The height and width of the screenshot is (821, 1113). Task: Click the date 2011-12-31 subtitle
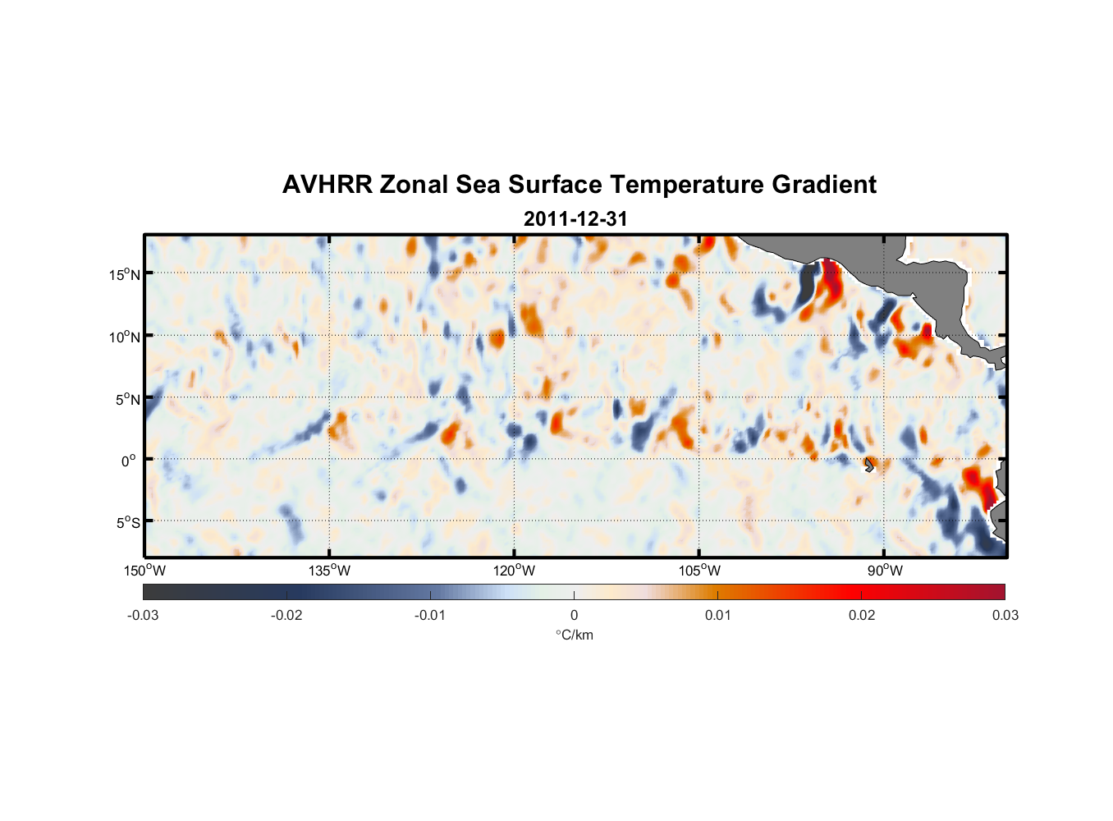coord(575,219)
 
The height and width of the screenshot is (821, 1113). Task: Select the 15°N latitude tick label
coord(124,274)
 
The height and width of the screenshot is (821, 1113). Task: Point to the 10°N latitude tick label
coord(124,337)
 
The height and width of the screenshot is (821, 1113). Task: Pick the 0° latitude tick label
coord(128,461)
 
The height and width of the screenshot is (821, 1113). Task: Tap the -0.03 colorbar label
coord(143,616)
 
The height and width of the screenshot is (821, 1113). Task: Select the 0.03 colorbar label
coord(1005,616)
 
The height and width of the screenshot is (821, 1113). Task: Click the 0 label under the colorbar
coord(574,616)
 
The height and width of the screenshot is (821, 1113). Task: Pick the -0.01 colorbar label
coord(430,616)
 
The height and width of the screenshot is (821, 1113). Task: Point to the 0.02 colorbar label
coord(861,616)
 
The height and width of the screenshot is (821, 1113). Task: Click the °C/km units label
coord(574,635)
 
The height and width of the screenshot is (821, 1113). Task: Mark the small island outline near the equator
coord(869,465)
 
